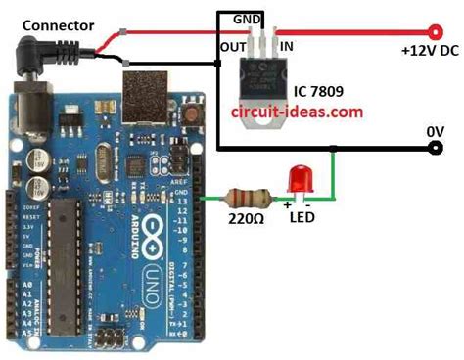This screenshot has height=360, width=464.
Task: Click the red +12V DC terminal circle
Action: coord(432,30)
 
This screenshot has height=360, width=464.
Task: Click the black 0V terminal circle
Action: coord(433,150)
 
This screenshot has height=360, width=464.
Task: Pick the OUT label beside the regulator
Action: coord(233,45)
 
